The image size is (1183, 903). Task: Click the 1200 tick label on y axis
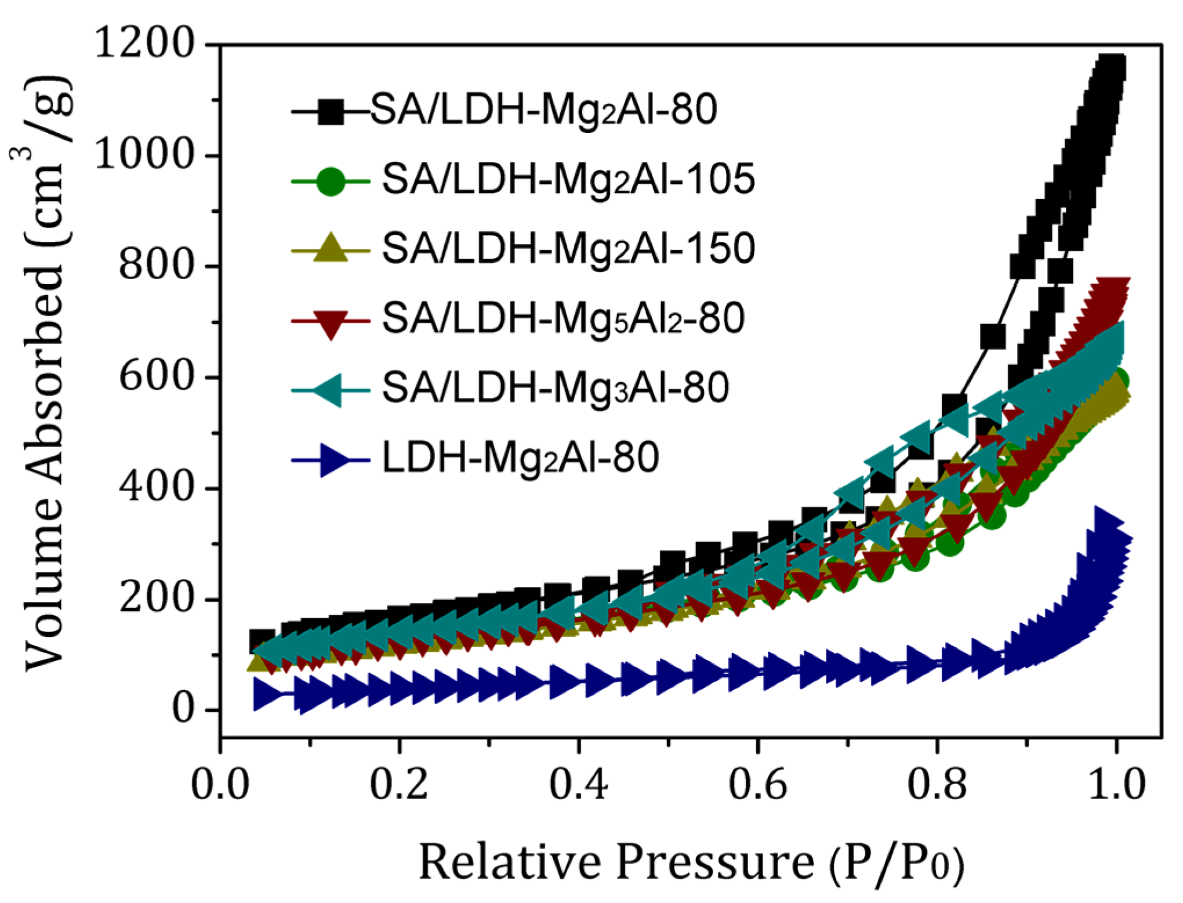(x=143, y=43)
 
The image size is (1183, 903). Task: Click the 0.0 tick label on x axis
(x=220, y=785)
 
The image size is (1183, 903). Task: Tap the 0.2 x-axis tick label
(x=399, y=785)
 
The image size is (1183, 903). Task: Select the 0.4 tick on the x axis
(x=578, y=785)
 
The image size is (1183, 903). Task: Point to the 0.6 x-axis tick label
(x=757, y=785)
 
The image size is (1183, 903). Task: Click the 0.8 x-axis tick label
(x=937, y=785)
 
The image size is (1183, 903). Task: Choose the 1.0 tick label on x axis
(x=1116, y=785)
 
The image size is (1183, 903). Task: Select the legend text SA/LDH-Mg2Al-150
(x=568, y=249)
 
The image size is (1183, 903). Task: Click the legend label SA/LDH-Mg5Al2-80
(x=563, y=319)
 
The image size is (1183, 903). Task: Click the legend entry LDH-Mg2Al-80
(x=520, y=458)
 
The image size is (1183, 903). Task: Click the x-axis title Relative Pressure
(x=690, y=863)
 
